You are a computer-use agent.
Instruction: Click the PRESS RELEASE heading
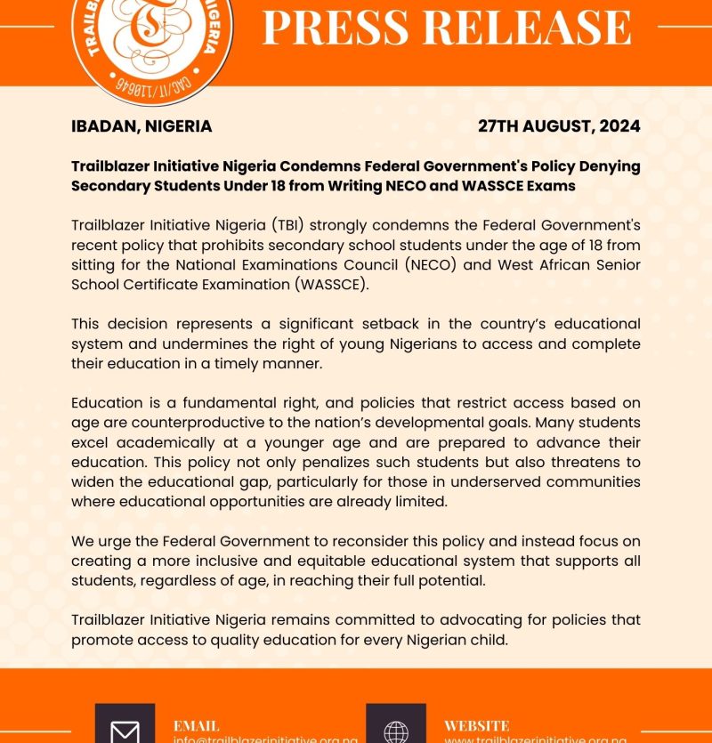click(447, 28)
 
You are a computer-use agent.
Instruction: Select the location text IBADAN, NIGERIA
click(142, 126)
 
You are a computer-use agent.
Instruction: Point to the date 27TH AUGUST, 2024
click(559, 126)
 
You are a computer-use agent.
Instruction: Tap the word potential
click(456, 580)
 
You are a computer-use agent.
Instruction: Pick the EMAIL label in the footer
click(196, 725)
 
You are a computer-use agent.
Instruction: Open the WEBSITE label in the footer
click(477, 725)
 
